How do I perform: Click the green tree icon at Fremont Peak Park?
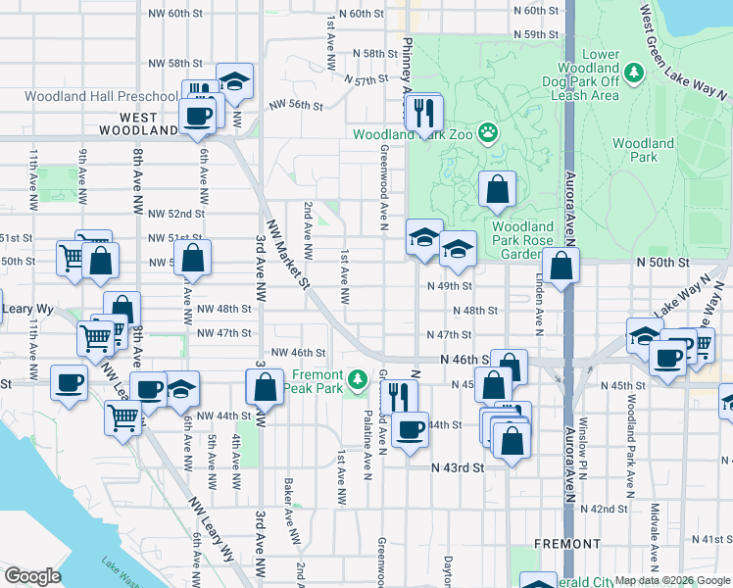pyautogui.click(x=360, y=376)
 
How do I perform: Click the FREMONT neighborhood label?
pyautogui.click(x=568, y=544)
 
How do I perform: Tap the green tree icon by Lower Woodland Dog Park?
pyautogui.click(x=634, y=73)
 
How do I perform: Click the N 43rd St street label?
pyautogui.click(x=459, y=468)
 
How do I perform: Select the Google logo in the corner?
pyautogui.click(x=33, y=576)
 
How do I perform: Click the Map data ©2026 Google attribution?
pyautogui.click(x=672, y=580)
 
